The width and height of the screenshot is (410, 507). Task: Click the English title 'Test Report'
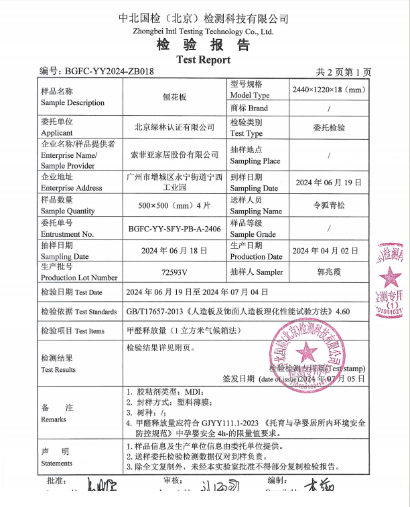point(203,60)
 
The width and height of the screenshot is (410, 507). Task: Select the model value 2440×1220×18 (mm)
point(328,90)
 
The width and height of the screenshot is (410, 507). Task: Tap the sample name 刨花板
point(175,97)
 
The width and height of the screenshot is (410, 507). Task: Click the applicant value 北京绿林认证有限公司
point(174,127)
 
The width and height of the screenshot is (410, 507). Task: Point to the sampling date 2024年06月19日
point(328,182)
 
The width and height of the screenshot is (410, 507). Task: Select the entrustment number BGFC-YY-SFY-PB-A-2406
point(175,228)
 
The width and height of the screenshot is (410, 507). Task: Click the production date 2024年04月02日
point(328,251)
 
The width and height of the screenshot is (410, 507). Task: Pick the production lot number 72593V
point(175,272)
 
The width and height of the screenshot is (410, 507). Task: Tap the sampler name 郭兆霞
point(328,272)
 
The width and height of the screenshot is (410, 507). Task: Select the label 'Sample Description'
point(72,103)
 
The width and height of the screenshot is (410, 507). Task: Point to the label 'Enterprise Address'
point(72,188)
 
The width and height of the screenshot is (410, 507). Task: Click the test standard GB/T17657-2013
point(155,312)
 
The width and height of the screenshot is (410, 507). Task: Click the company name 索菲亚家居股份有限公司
point(174,155)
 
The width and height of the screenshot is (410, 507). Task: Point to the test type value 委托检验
point(328,127)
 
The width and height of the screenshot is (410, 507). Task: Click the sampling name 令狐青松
point(328,205)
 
